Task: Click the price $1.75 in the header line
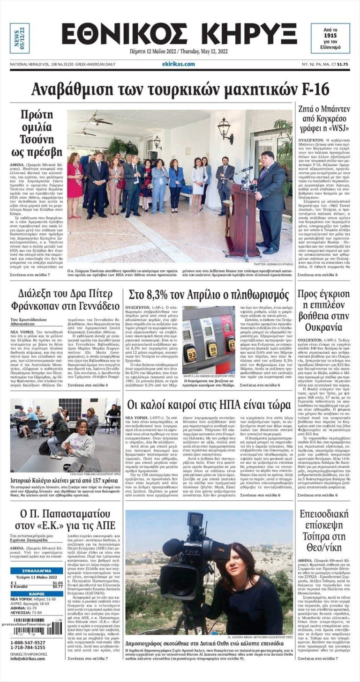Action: click(x=343, y=64)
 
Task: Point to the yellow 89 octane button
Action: click(x=213, y=348)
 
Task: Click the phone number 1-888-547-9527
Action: click(x=28, y=643)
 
